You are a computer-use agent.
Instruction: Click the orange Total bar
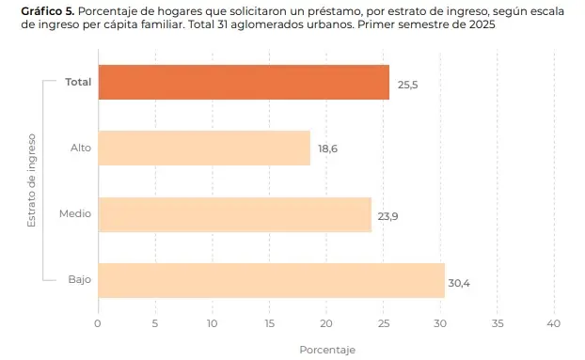(243, 83)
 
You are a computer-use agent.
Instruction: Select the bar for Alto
(203, 148)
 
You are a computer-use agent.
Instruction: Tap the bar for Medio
(234, 214)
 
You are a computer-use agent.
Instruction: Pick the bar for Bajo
(271, 280)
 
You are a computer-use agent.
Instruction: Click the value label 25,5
(408, 85)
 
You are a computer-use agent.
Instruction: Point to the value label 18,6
(327, 149)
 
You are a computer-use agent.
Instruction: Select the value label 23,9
(387, 216)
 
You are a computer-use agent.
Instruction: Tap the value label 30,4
(460, 282)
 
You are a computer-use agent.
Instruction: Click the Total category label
(78, 82)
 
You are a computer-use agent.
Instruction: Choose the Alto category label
(81, 148)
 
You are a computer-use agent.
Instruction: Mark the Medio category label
(75, 213)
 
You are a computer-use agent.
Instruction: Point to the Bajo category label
(80, 279)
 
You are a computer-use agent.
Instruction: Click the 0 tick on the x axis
(98, 323)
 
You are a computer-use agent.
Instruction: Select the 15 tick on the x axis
(269, 323)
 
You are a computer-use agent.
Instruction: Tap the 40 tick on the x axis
(554, 323)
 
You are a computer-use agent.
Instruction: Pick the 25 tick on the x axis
(383, 323)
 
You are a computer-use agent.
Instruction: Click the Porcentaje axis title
(326, 350)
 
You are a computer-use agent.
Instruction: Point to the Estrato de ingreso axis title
(31, 180)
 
